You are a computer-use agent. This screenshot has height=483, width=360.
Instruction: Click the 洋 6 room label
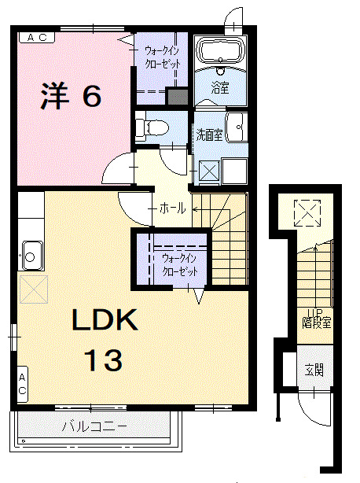71,96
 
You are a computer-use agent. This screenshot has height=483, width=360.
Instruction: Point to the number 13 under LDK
104,360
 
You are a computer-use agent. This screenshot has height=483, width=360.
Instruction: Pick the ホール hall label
172,208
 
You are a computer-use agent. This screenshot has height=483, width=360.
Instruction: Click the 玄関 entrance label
314,370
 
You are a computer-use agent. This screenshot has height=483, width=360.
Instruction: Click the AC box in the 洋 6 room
36,37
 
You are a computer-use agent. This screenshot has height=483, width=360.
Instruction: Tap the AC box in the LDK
22,385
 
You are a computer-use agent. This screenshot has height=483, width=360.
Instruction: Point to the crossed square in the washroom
208,169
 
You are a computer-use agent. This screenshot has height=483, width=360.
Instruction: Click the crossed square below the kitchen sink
33,288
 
